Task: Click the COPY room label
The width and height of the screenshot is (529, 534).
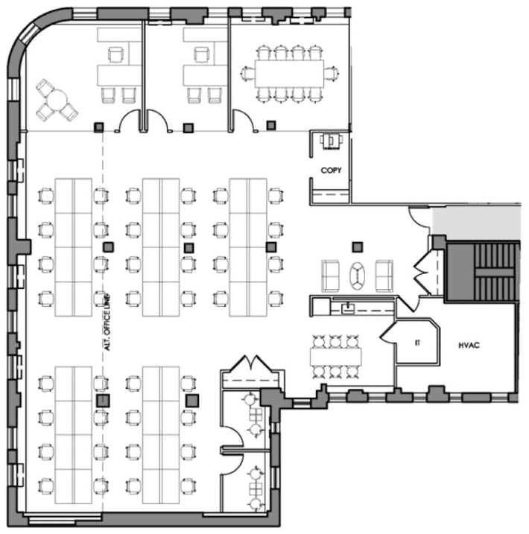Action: tap(331, 171)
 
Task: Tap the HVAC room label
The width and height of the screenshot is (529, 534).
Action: tap(469, 346)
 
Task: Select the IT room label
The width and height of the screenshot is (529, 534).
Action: tap(418, 343)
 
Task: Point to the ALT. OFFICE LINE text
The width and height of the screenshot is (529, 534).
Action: tap(107, 322)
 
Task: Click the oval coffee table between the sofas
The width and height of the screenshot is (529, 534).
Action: tap(358, 275)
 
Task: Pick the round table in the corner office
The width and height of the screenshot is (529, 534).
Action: tap(57, 100)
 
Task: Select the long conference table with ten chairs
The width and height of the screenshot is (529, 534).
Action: tap(289, 74)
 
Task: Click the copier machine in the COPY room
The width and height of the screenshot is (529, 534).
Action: tap(331, 141)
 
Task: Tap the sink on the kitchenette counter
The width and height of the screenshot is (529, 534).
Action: tap(348, 308)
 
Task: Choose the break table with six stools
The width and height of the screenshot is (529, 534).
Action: tap(335, 357)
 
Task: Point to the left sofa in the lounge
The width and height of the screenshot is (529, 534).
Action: tap(330, 276)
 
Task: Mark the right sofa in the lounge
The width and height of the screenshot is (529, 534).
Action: tap(384, 276)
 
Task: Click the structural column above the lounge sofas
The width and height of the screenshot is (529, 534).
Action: tap(358, 247)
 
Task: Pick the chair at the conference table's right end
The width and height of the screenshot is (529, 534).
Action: tap(332, 74)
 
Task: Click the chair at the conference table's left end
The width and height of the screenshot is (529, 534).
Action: tap(247, 74)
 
